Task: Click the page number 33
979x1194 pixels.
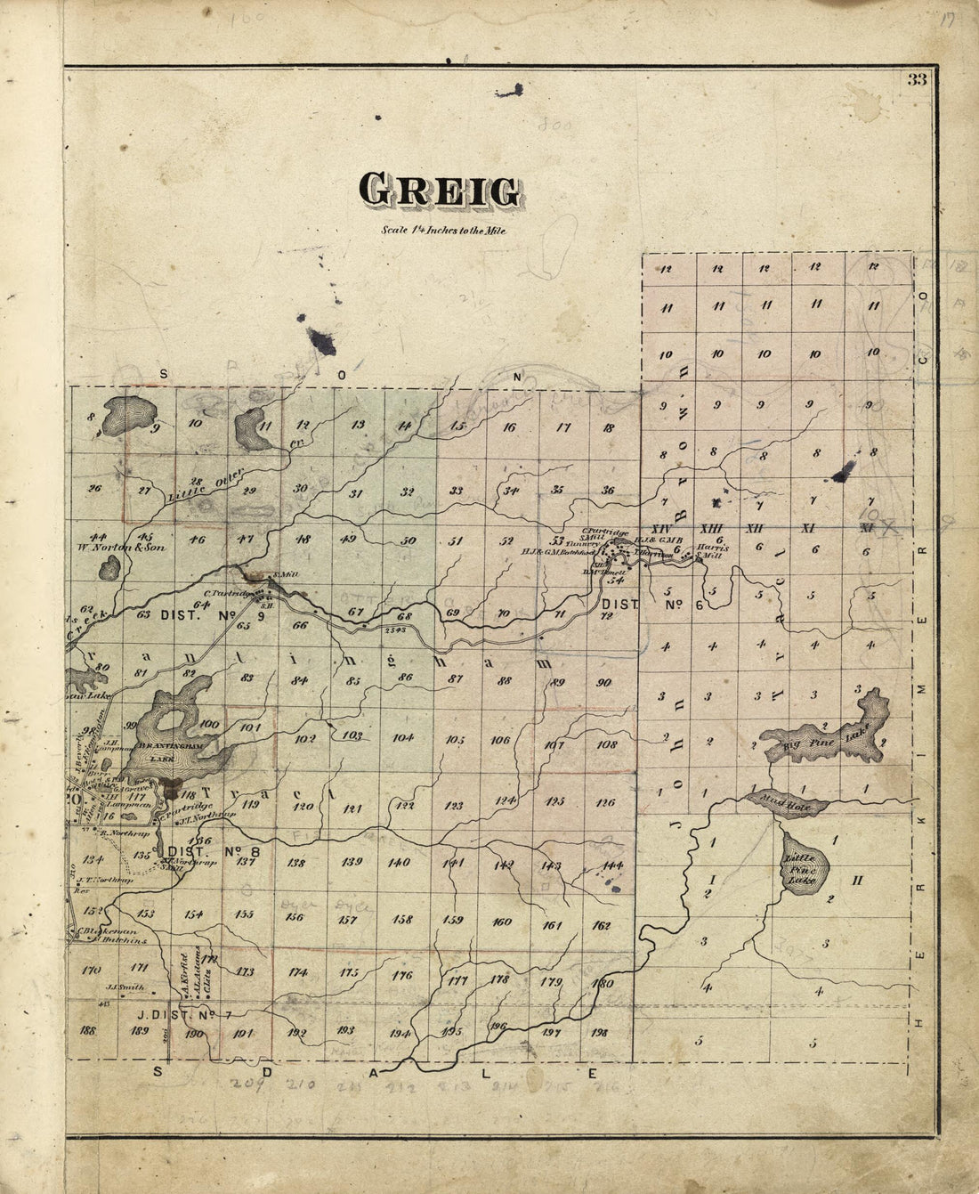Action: pos(917,79)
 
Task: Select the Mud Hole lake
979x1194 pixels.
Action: pos(789,802)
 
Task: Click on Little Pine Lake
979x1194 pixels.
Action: pos(805,862)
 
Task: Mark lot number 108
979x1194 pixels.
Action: pos(606,744)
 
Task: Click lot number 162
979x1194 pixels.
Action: pos(602,925)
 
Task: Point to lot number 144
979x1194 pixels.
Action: pos(611,865)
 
